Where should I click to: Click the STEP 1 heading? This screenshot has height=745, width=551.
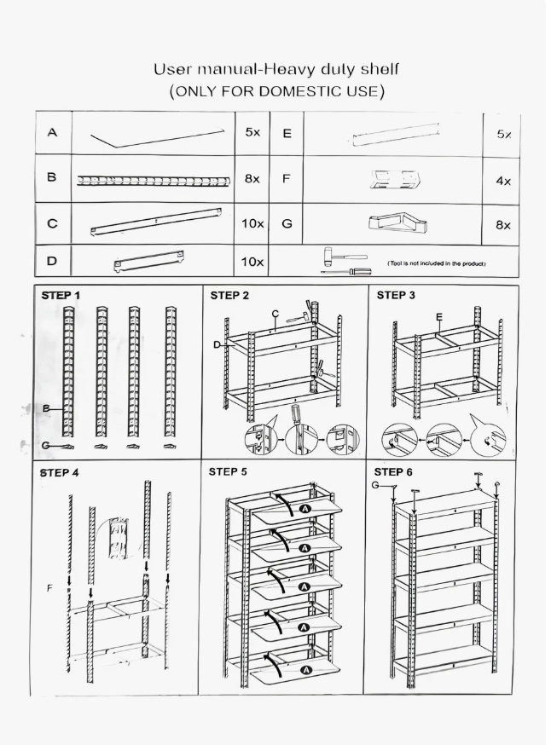pyautogui.click(x=61, y=296)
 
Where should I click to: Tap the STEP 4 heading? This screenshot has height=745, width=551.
pyautogui.click(x=60, y=473)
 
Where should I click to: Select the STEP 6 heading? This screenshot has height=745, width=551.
pyautogui.click(x=393, y=471)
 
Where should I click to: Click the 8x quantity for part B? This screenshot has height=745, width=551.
pyautogui.click(x=252, y=179)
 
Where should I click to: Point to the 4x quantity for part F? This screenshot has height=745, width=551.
pyautogui.click(x=503, y=181)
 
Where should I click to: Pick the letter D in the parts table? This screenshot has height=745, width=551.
pyautogui.click(x=51, y=261)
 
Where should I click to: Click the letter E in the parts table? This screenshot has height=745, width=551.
pyautogui.click(x=287, y=134)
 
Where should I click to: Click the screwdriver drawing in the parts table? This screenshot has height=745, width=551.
pyautogui.click(x=346, y=272)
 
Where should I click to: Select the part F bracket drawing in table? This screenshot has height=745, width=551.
pyautogui.click(x=396, y=180)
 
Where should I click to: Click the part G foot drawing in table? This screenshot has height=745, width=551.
pyautogui.click(x=397, y=222)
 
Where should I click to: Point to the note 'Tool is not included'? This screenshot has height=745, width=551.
pyautogui.click(x=437, y=263)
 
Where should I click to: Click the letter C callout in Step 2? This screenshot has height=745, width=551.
pyautogui.click(x=275, y=314)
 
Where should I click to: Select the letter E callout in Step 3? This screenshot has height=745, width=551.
pyautogui.click(x=438, y=317)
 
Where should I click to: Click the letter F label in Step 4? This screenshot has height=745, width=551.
pyautogui.click(x=49, y=588)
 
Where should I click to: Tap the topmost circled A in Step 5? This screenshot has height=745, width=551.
pyautogui.click(x=305, y=509)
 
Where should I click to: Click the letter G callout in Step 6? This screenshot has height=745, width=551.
pyautogui.click(x=375, y=485)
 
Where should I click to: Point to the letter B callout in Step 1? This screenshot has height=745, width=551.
pyautogui.click(x=46, y=408)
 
